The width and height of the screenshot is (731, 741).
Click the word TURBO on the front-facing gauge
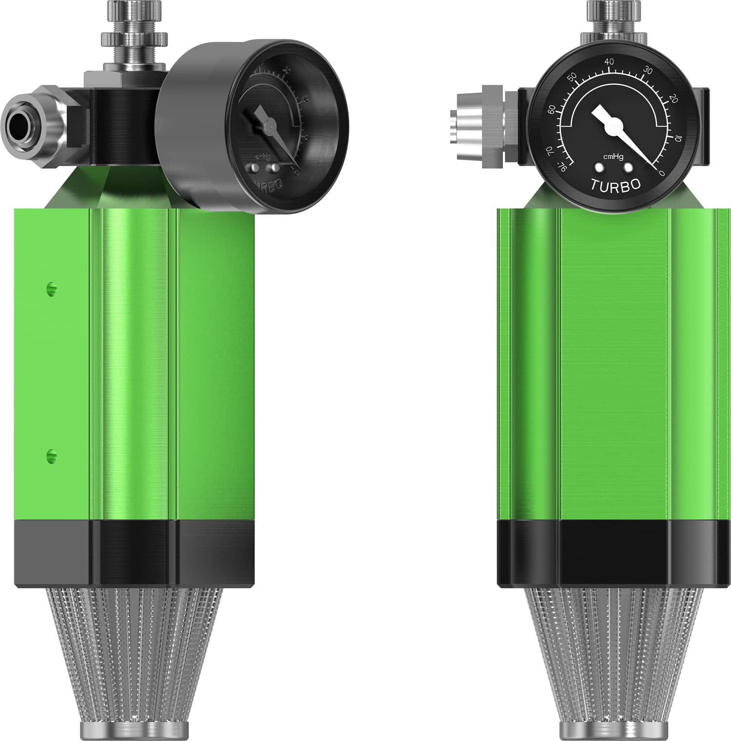tap(615, 185)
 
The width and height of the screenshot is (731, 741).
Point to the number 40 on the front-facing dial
tap(609, 62)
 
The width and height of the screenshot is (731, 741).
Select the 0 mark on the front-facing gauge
tap(661, 172)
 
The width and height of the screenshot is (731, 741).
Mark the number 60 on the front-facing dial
tap(552, 110)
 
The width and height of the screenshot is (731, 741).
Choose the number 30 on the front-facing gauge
tap(647, 71)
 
